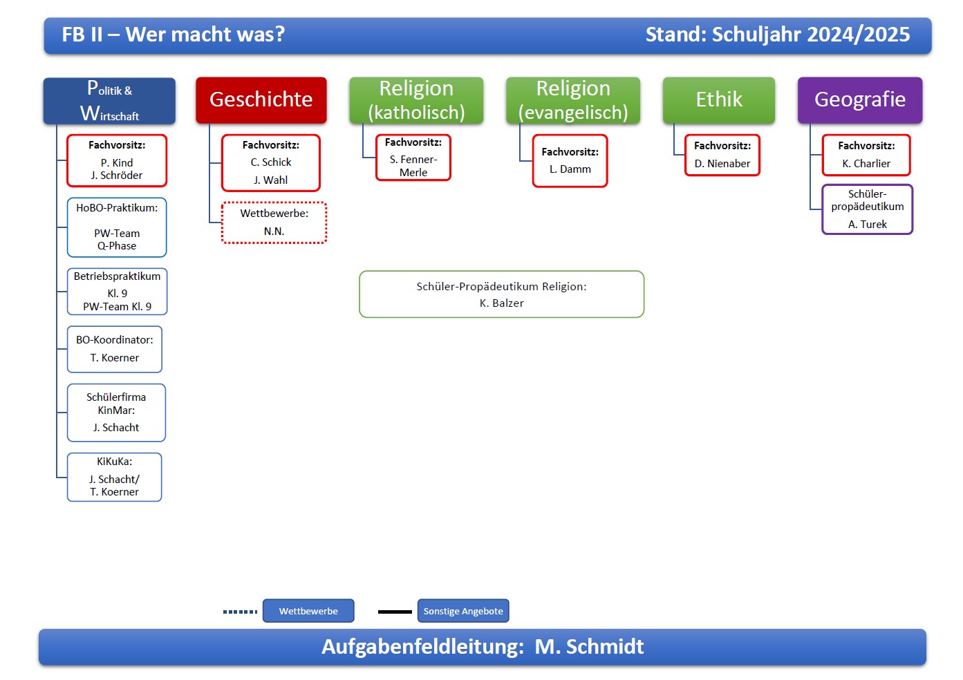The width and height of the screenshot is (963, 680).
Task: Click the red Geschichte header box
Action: click(261, 100)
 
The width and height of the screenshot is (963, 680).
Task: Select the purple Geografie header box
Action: click(859, 100)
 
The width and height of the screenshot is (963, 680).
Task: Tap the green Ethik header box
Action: click(718, 100)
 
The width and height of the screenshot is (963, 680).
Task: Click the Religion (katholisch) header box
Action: click(415, 100)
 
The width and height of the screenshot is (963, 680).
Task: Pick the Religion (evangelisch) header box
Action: click(572, 100)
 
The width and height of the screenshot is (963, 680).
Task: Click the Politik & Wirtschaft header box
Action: click(109, 101)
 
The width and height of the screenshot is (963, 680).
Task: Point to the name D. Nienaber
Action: click(722, 164)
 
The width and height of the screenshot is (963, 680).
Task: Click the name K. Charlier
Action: click(866, 164)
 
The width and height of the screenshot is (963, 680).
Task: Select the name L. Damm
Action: click(570, 169)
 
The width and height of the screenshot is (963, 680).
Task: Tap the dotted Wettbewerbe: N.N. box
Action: click(274, 223)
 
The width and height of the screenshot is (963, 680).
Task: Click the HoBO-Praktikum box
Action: click(117, 227)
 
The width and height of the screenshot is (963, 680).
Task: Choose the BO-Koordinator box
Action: click(115, 349)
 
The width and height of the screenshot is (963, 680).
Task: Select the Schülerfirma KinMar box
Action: click(116, 413)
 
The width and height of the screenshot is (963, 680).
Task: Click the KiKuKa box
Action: click(115, 477)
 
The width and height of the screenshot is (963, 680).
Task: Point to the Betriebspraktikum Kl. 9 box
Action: click(117, 292)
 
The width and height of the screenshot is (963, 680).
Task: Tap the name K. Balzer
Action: click(501, 303)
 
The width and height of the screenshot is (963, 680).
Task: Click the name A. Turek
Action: click(867, 225)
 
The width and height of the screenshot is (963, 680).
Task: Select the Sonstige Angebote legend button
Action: click(463, 611)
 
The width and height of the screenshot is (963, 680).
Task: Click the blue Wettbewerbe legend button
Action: click(308, 611)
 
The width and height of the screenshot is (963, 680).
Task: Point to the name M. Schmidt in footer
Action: click(589, 647)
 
